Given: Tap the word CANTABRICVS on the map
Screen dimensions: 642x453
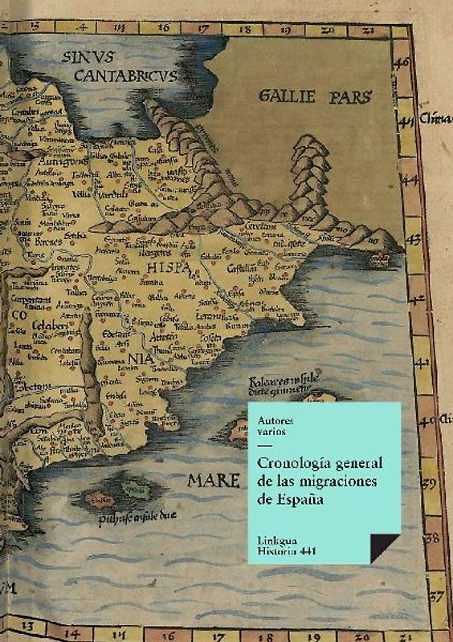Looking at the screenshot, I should click(126, 75).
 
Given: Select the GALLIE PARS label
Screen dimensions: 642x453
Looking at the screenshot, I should click(315, 98).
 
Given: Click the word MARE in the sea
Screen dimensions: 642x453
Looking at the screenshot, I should click(214, 480).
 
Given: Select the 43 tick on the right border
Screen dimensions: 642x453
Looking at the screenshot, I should click(415, 239).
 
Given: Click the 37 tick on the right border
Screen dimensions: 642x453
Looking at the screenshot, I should click(436, 596).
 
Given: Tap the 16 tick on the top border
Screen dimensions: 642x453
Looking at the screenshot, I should click(163, 27).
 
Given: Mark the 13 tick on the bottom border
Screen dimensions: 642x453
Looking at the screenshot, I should click(27, 625).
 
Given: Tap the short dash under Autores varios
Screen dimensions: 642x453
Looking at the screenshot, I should click(264, 446).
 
